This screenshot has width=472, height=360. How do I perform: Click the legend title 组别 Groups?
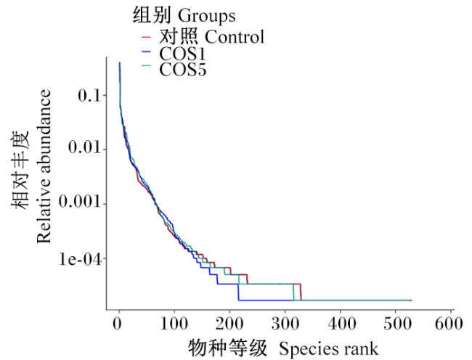184,16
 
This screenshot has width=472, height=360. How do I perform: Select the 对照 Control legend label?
211,37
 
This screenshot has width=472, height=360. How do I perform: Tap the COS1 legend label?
182,54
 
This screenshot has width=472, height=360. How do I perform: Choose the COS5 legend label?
183,70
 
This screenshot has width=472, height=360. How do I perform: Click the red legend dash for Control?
146,37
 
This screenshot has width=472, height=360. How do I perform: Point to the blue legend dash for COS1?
146,52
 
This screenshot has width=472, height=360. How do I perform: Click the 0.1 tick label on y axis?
89,96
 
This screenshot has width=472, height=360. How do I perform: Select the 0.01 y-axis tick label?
84,147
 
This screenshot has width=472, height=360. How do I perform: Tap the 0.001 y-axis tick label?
79,201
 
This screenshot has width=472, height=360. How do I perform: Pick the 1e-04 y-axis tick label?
80,259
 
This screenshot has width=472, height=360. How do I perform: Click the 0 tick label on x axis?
118,324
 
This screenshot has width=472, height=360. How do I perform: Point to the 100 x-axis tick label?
174,324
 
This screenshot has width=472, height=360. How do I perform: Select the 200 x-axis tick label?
229,324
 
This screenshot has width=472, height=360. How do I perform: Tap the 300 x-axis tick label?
285,324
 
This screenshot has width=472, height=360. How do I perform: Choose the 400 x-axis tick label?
342,324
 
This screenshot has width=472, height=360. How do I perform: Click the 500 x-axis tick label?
397,324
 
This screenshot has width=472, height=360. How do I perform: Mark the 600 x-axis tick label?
449,324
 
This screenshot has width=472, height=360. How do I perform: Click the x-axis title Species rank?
328,349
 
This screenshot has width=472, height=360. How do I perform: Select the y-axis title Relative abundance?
44,166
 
